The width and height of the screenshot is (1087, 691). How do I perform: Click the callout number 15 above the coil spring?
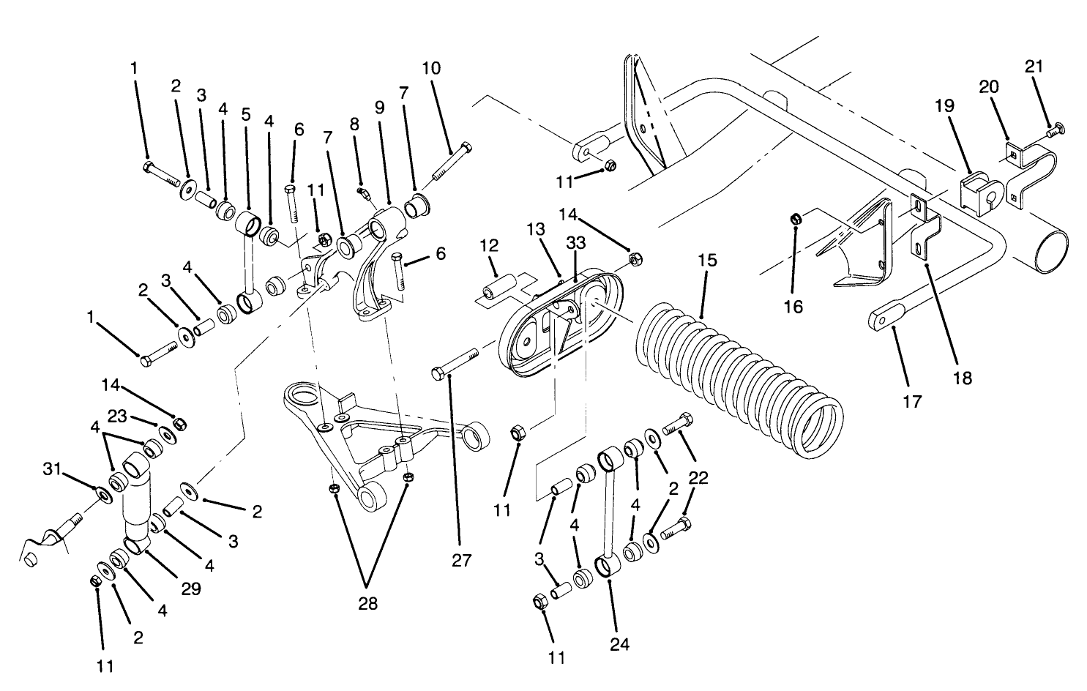click(x=708, y=261)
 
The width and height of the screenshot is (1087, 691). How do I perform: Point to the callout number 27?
click(x=462, y=561)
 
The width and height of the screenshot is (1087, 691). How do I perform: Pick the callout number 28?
click(x=369, y=605)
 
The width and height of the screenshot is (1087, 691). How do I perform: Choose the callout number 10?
click(x=432, y=68)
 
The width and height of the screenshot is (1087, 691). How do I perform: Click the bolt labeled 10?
click(x=455, y=160)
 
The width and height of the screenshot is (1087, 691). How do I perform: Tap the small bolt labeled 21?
click(x=1053, y=132)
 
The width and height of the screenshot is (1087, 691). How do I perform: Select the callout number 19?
click(x=945, y=105)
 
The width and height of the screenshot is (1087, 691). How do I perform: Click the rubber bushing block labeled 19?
click(x=978, y=193)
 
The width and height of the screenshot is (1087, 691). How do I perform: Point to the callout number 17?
click(x=913, y=401)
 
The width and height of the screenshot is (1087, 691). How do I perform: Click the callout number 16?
click(x=793, y=306)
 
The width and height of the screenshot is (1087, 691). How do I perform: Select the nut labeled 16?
click(x=795, y=217)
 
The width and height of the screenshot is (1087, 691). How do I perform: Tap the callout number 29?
click(x=191, y=589)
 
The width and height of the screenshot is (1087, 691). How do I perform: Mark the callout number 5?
click(x=246, y=115)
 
